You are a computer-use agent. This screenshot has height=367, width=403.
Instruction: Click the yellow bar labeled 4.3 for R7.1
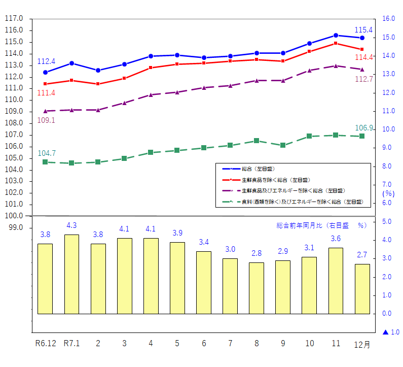click(x=71, y=274)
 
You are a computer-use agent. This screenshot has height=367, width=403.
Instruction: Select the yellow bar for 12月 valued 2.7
click(x=362, y=288)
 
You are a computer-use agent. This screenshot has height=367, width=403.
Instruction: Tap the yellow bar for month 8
click(x=257, y=288)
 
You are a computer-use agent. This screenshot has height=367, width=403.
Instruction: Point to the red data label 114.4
click(x=364, y=57)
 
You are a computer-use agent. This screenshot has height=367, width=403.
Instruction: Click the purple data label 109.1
click(x=46, y=120)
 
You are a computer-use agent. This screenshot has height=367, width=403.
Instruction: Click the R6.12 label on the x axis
click(x=46, y=343)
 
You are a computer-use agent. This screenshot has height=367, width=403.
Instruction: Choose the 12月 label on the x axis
click(x=362, y=344)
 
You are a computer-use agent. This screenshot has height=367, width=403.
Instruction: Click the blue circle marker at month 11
click(x=336, y=36)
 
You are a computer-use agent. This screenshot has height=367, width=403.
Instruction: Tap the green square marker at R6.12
click(x=45, y=162)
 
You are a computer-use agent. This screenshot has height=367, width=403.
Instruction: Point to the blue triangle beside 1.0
click(x=385, y=332)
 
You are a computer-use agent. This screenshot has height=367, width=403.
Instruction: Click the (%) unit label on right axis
click(x=388, y=193)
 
